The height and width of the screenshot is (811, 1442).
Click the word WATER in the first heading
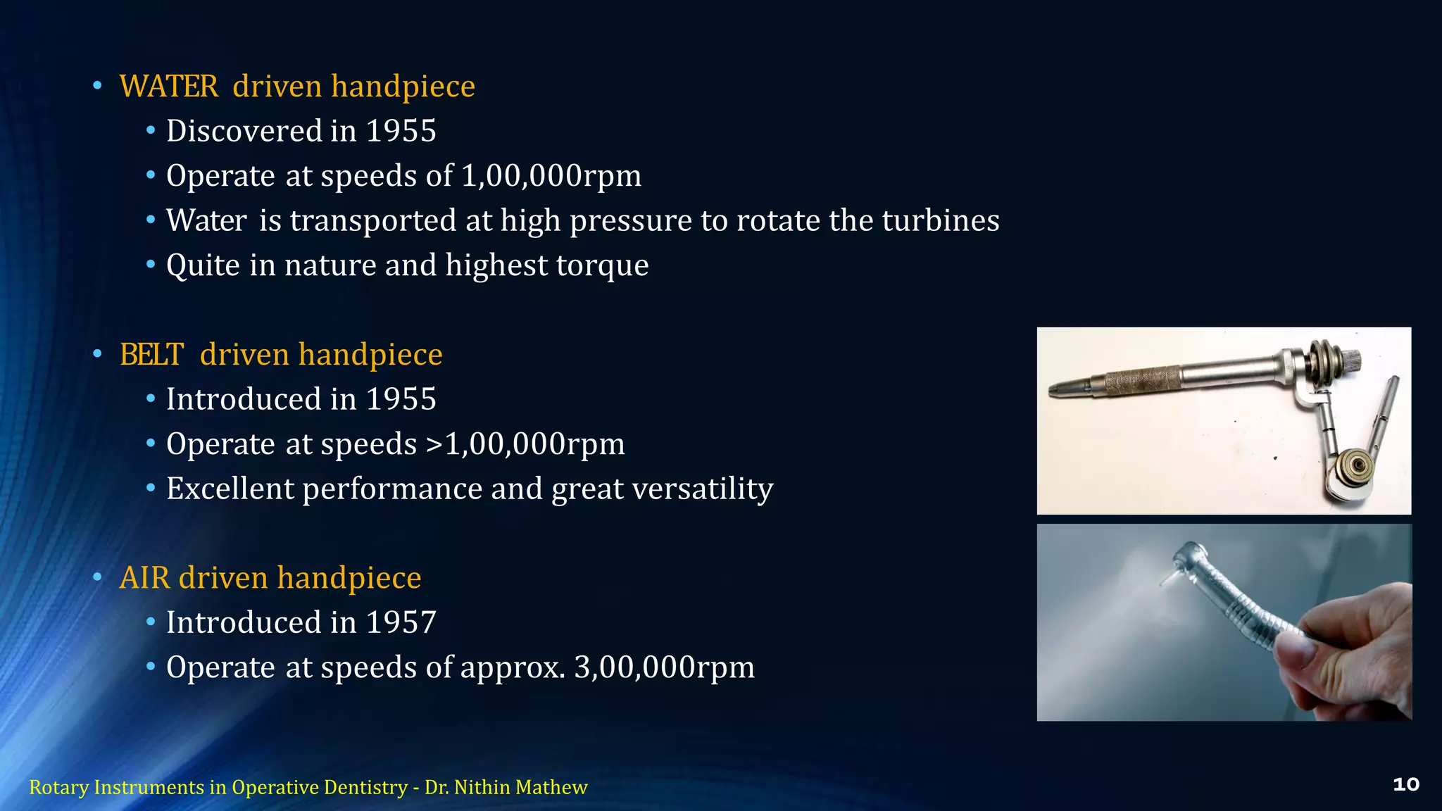coord(169,87)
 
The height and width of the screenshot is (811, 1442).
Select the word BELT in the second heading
coord(152,355)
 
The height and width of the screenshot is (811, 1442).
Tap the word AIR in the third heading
coord(144,578)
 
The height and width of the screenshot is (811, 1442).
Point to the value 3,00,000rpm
coord(664,667)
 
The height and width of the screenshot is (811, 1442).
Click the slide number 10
coord(1405,785)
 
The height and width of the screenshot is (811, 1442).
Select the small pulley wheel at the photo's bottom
coord(1355,465)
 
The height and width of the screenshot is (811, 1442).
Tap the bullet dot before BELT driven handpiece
coord(97,353)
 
